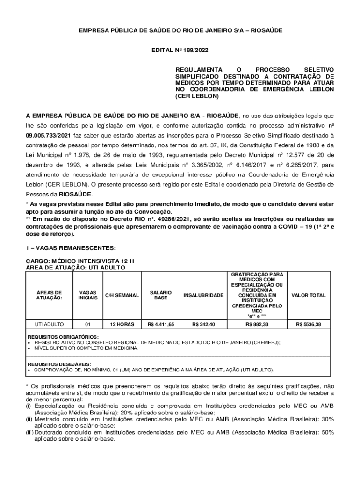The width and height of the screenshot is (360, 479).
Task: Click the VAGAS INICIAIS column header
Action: (x=88, y=295)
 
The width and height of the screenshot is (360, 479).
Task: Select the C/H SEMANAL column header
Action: (x=122, y=295)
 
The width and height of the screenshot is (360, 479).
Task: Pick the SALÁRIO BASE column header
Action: (x=161, y=295)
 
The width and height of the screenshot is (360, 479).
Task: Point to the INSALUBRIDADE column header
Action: (x=203, y=295)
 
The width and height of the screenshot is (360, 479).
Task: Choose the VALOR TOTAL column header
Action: (x=308, y=295)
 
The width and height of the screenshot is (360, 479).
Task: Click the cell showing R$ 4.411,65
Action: (x=161, y=324)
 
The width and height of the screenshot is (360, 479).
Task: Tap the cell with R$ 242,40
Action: (x=203, y=324)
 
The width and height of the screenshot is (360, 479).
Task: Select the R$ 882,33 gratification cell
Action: (x=257, y=324)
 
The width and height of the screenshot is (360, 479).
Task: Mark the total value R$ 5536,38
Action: (x=308, y=324)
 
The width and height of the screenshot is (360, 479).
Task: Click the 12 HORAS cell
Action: (x=122, y=324)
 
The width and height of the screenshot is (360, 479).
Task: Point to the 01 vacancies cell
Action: (x=88, y=324)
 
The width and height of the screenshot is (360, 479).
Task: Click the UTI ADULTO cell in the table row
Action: (x=50, y=324)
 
